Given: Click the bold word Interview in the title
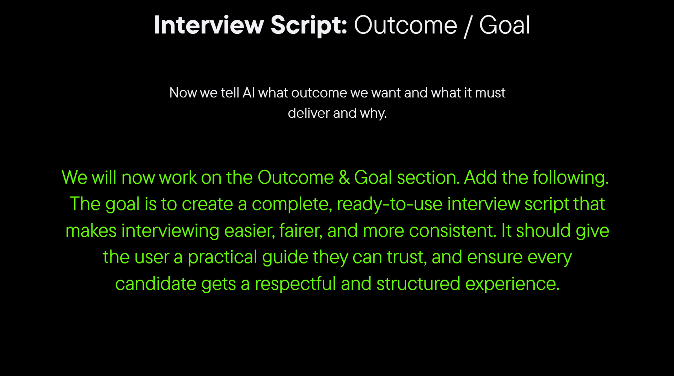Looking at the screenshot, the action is tap(209, 25).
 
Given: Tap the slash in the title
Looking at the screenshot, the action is tap(468, 26).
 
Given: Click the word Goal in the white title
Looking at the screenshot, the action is tap(504, 25).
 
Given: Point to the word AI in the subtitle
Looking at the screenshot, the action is tap(249, 93).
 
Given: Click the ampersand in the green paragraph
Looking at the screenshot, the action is tap(344, 177).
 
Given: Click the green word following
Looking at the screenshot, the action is tap(571, 178).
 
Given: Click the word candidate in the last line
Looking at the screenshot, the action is tap(156, 283).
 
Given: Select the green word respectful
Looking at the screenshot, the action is tap(295, 284).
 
